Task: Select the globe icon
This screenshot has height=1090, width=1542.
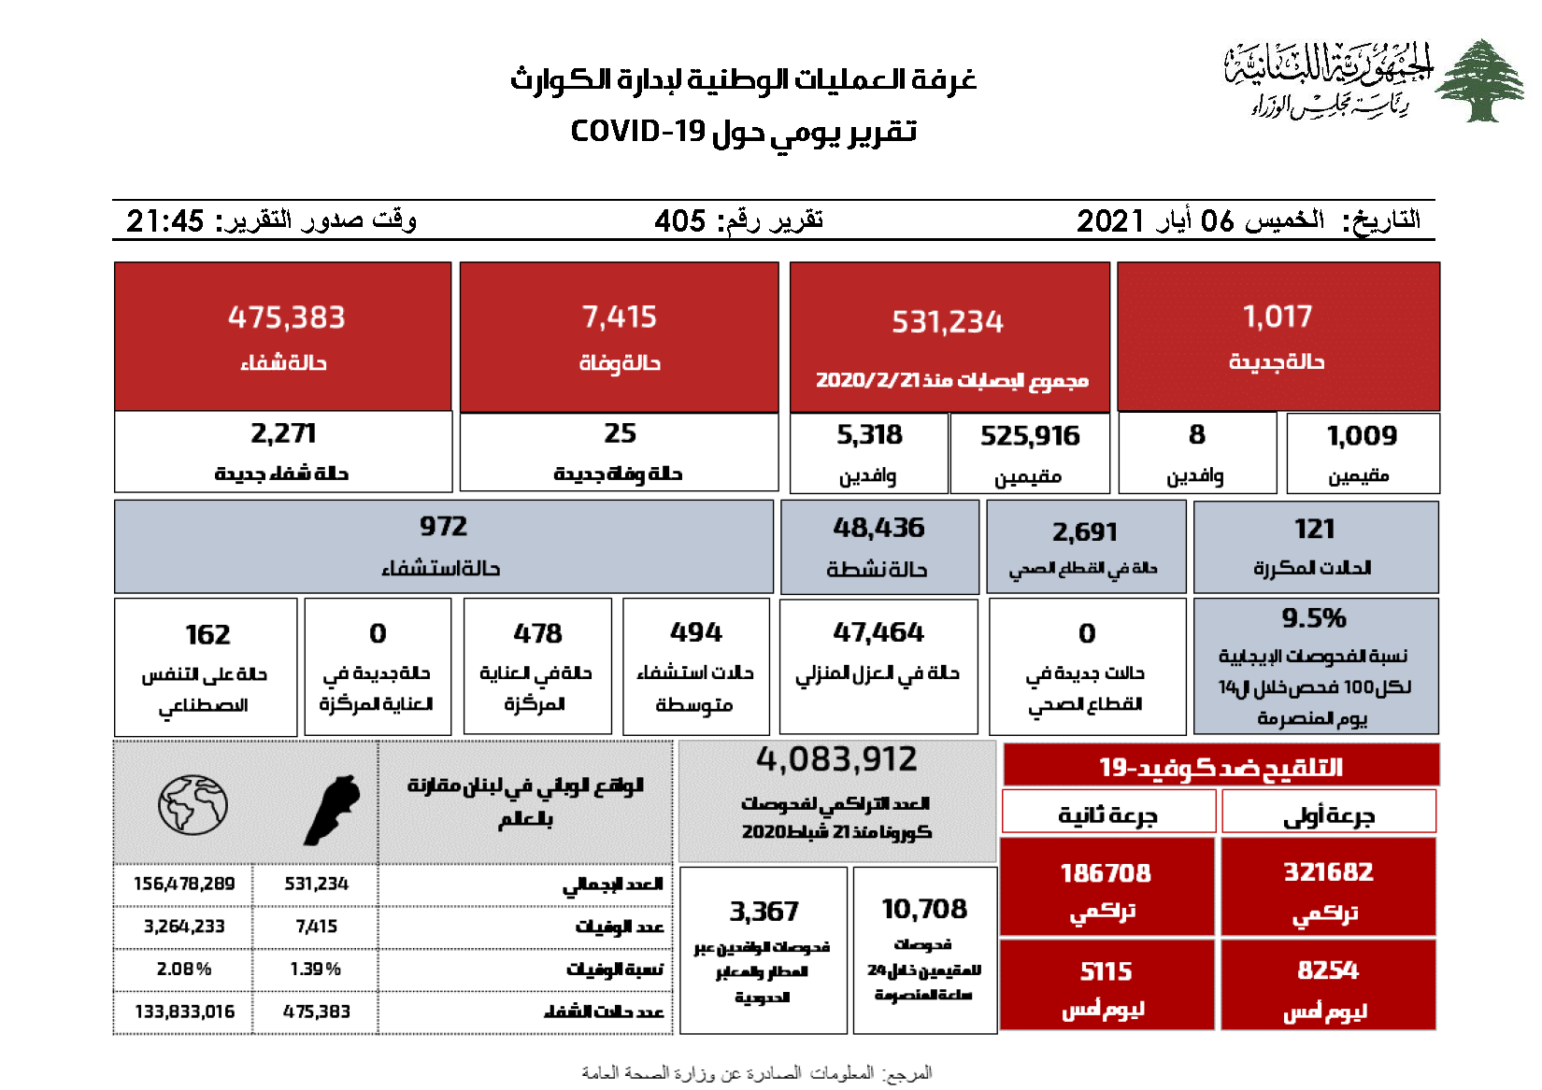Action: tap(193, 805)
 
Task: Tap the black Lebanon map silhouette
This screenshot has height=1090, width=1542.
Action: tap(332, 809)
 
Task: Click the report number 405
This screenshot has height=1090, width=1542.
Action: tap(679, 221)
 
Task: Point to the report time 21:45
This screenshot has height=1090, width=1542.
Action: tap(164, 221)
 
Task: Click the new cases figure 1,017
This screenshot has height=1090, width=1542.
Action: tap(1278, 318)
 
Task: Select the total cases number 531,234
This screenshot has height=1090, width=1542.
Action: tap(947, 322)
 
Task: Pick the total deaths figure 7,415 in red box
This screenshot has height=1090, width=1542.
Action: tap(619, 318)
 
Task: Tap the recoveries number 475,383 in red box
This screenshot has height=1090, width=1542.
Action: tap(286, 318)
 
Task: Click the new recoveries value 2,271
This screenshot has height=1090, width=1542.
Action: tap(283, 433)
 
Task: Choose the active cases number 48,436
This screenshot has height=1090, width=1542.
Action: tap(878, 528)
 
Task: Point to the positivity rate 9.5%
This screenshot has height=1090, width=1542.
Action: tap(1313, 618)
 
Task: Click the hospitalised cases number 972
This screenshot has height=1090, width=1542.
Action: tap(443, 527)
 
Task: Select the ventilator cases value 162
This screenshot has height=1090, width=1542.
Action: tap(207, 635)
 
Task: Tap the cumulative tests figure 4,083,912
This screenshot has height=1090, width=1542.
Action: tap(836, 759)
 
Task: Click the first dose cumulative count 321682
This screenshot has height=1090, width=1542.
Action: tap(1328, 872)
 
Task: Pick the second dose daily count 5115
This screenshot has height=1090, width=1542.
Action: tap(1106, 971)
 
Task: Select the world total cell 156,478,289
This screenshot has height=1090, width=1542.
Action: tap(184, 884)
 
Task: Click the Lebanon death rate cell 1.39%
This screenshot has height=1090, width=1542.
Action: tap(315, 970)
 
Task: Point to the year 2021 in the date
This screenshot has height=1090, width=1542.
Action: tap(1110, 221)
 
